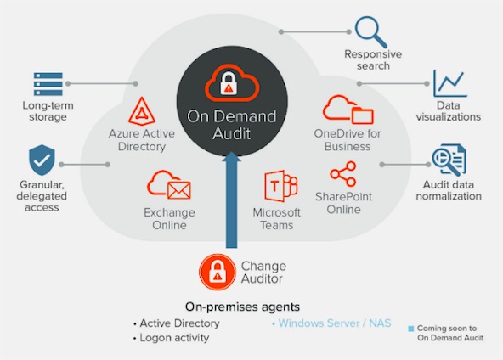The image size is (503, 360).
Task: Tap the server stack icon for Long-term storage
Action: tap(48, 84)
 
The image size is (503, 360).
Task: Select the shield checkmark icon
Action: tap(42, 160)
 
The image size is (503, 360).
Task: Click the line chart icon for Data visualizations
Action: tap(449, 83)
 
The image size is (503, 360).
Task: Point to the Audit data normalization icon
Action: tap(449, 160)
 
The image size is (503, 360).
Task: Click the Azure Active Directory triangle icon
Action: tap(142, 111)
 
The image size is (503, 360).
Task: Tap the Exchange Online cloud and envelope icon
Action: tap(169, 184)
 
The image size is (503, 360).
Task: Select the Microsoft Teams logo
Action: tap(280, 186)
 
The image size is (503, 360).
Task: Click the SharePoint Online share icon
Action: tap(343, 174)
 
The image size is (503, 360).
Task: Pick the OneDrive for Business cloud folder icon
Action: tap(348, 110)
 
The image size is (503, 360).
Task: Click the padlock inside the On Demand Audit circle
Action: tap(229, 83)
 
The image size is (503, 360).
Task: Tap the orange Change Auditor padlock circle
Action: tap(218, 273)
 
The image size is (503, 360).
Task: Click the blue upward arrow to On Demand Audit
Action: tap(231, 200)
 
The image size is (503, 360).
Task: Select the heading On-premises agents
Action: tap(242, 307)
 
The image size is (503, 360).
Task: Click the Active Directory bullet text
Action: tap(179, 323)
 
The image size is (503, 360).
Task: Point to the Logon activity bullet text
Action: tap(174, 338)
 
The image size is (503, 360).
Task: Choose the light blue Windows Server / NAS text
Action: tap(335, 323)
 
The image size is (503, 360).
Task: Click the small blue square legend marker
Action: tap(410, 329)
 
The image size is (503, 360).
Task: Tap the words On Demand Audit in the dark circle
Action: tap(232, 124)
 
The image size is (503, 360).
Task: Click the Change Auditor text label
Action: tap(263, 273)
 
